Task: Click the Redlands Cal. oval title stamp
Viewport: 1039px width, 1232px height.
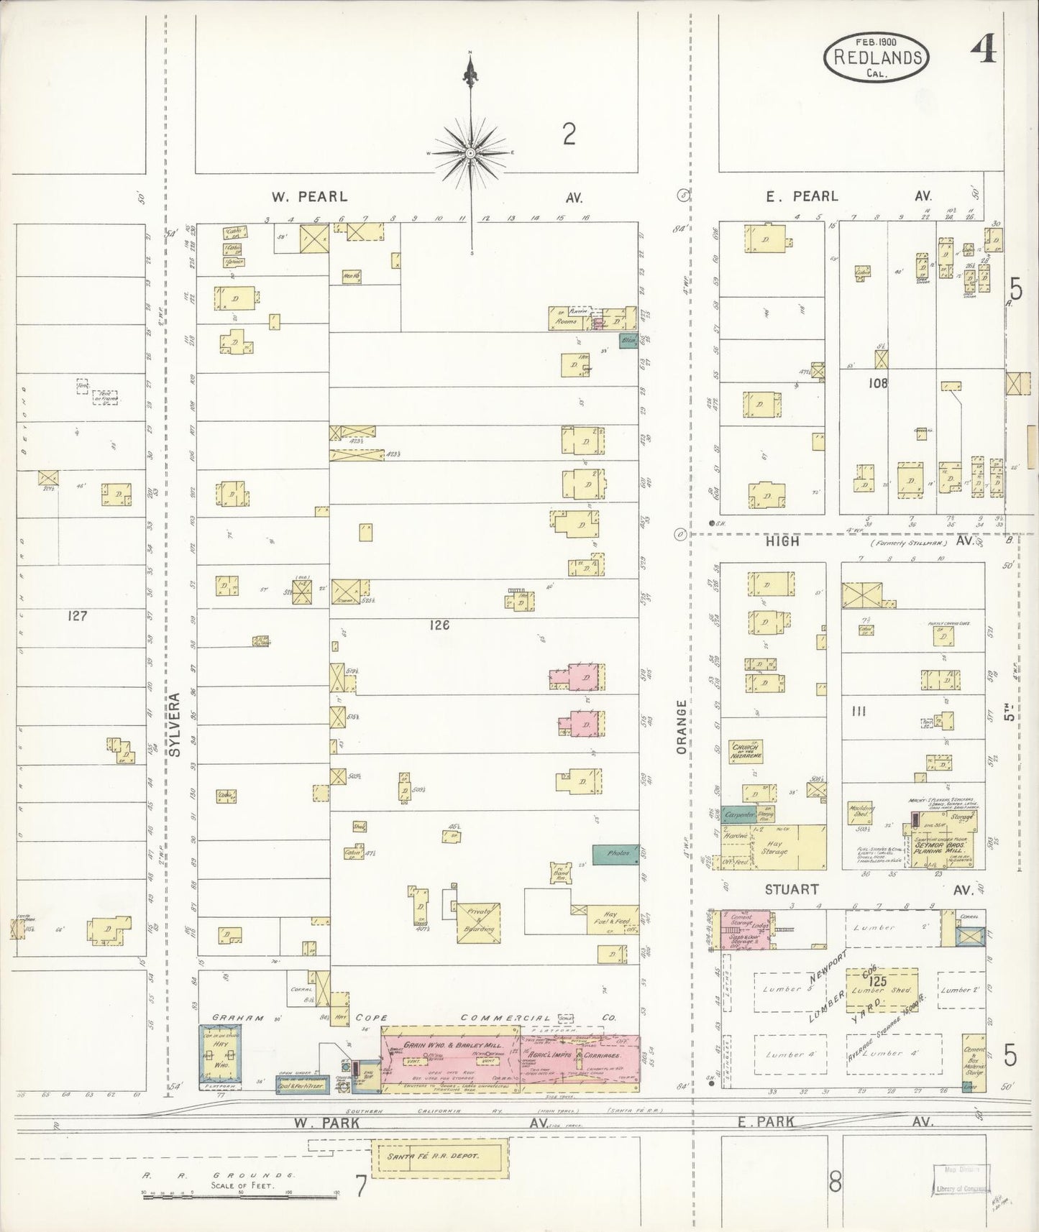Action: (875, 57)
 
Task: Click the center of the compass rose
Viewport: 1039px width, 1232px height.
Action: (470, 153)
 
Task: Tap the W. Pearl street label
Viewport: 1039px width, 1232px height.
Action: (309, 196)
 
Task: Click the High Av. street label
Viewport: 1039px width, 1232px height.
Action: (782, 541)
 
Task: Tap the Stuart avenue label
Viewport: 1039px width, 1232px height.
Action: (791, 889)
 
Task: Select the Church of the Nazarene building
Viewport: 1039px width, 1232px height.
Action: (745, 752)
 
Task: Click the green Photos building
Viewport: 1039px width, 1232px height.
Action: (615, 854)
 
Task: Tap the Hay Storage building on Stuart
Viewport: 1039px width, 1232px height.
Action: (787, 848)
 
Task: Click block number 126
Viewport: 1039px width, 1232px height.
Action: (439, 625)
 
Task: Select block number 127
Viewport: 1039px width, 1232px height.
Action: (76, 616)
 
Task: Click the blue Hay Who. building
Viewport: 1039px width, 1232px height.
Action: (220, 1054)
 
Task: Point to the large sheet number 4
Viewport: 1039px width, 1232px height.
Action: (982, 52)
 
